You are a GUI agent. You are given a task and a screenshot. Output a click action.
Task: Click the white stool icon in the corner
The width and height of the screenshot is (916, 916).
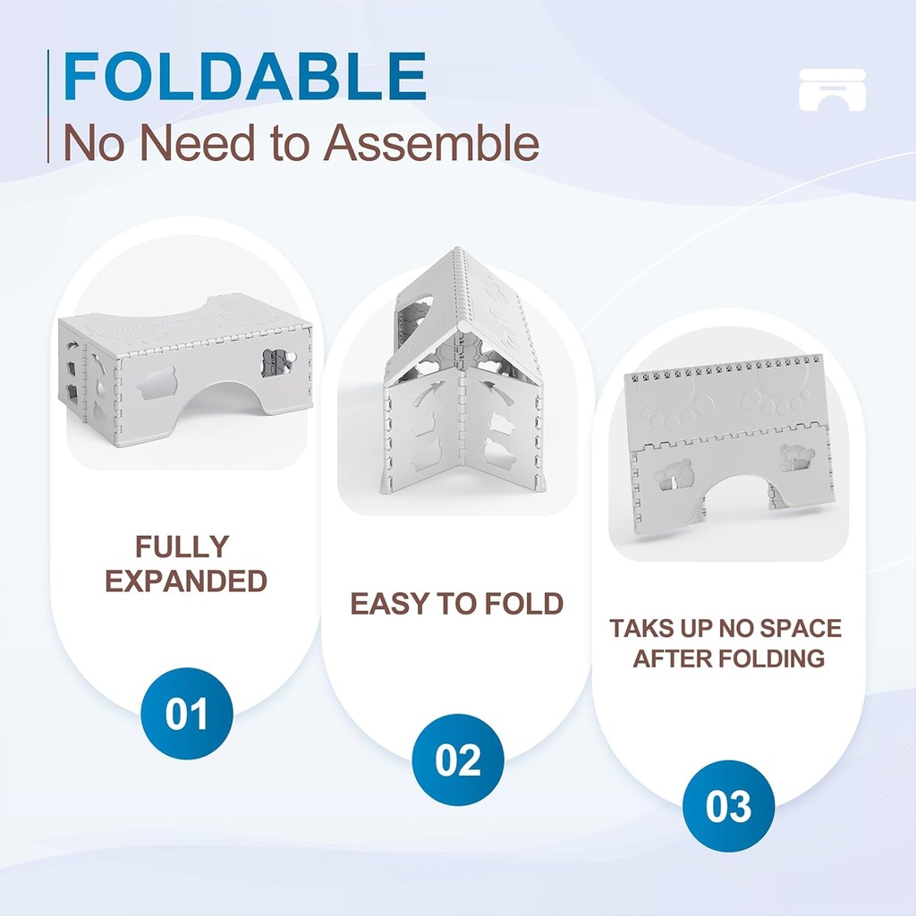[x=832, y=89]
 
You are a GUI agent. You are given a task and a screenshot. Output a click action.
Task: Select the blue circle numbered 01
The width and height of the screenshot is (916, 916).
[x=187, y=714]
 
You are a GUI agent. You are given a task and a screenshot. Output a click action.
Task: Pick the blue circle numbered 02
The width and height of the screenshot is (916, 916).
[x=458, y=759]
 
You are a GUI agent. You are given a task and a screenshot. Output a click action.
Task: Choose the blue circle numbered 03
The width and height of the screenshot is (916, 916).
[x=728, y=806]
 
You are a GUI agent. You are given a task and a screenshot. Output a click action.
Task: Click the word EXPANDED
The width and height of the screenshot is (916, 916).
[x=186, y=581]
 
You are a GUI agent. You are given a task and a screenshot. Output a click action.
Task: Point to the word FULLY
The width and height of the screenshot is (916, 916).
[x=182, y=547]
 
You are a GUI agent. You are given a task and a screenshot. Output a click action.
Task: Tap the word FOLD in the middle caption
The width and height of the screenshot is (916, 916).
[x=524, y=604]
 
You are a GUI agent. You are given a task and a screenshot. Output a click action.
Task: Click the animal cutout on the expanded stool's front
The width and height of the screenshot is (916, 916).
[x=157, y=382]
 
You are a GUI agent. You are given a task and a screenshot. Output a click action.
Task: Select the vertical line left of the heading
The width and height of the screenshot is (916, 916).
[x=48, y=106]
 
